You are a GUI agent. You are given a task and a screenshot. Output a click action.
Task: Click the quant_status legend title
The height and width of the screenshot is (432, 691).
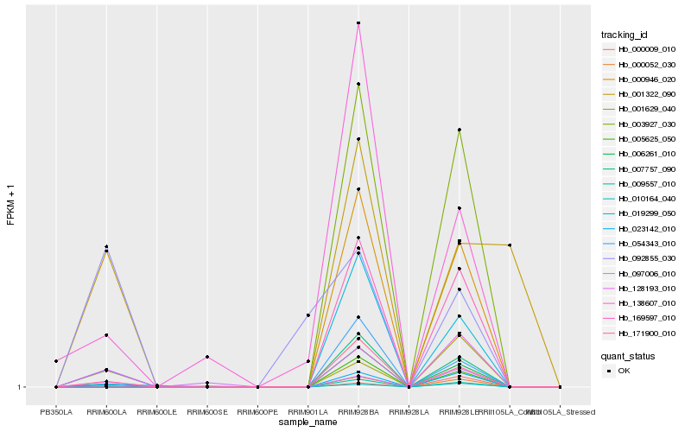click(x=628, y=355)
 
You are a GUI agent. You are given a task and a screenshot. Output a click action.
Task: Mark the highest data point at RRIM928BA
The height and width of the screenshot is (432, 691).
click(x=358, y=23)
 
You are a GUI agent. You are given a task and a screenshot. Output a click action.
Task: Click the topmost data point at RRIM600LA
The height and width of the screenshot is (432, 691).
click(x=106, y=247)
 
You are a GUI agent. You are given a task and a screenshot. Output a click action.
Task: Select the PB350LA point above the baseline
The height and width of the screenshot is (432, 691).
click(x=56, y=361)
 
